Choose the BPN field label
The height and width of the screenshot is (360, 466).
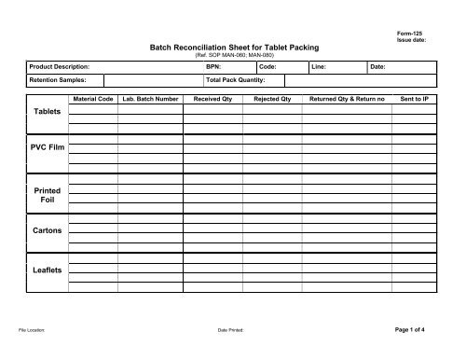212,67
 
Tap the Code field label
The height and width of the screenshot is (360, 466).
267,67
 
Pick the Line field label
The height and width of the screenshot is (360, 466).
318,67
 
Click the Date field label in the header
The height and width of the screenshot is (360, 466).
377,67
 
